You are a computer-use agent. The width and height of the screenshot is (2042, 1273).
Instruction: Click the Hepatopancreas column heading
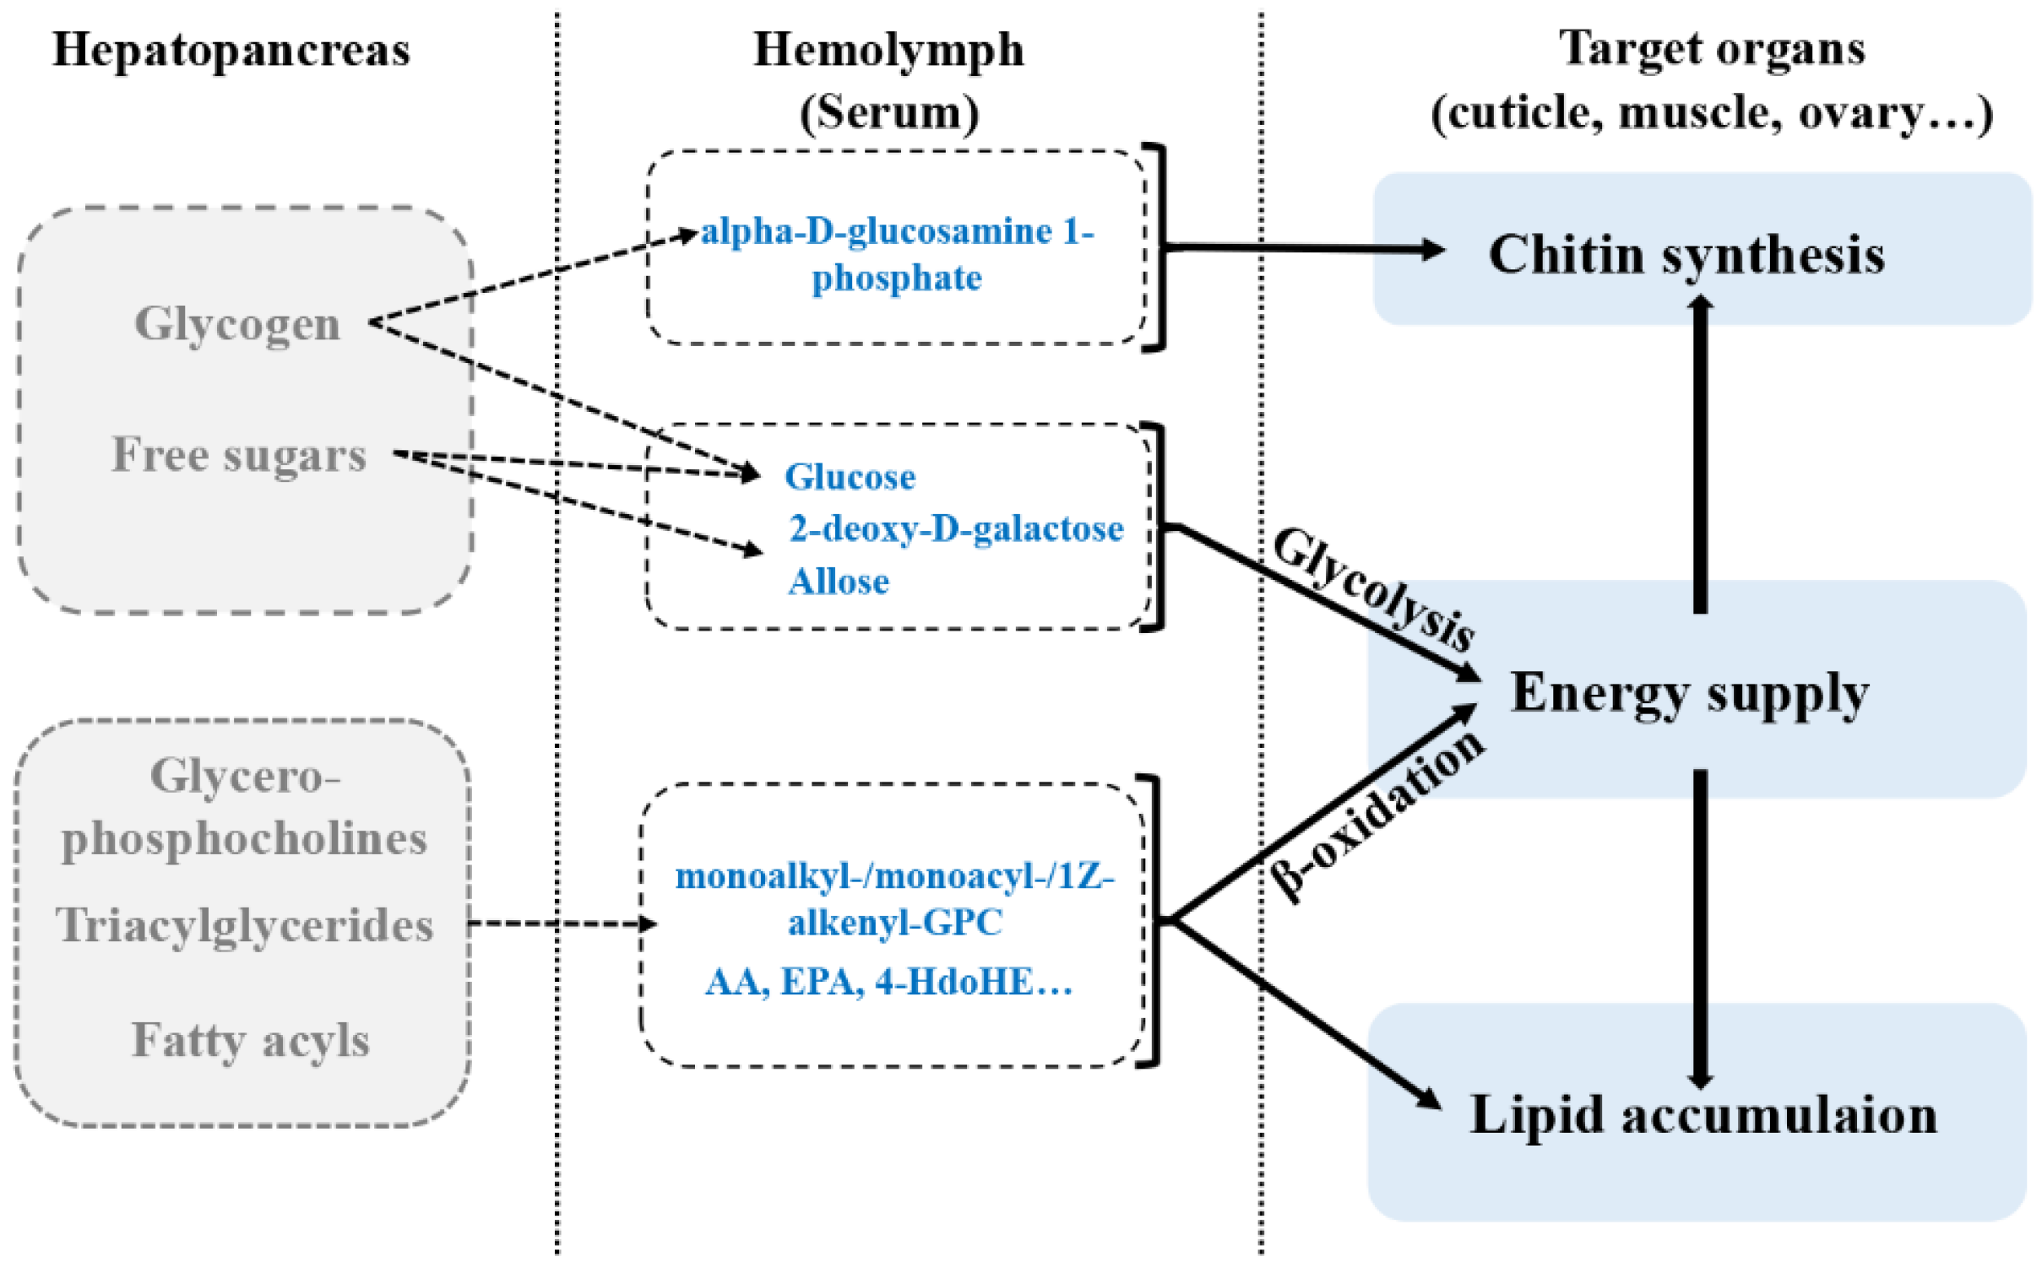231,49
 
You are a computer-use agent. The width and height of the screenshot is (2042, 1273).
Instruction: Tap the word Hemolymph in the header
888,49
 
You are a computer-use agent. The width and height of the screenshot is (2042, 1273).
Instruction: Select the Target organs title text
1712,47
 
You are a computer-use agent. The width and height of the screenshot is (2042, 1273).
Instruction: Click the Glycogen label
237,323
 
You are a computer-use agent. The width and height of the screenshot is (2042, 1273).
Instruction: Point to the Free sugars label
240,455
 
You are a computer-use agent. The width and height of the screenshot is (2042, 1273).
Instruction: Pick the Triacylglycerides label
245,924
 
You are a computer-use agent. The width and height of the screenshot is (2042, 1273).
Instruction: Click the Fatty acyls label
250,1039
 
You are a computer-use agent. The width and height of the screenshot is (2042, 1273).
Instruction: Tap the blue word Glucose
850,477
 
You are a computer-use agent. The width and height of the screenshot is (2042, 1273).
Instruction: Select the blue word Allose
839,582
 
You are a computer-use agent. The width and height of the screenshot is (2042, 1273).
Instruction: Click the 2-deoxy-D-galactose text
956,529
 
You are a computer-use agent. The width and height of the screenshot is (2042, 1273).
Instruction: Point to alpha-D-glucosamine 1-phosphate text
897,253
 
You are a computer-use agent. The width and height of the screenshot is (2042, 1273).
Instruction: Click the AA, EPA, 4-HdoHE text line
888,982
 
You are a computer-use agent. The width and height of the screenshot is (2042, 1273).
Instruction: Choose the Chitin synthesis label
1686,254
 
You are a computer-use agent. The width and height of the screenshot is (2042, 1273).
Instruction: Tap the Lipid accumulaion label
1703,1114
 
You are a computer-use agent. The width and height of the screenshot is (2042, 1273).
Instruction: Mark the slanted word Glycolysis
1375,588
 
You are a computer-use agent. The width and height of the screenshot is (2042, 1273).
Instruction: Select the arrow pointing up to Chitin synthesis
1700,456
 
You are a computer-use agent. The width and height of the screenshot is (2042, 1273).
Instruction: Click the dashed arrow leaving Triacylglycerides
562,924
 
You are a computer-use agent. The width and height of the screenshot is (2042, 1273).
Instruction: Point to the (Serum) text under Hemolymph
888,112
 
